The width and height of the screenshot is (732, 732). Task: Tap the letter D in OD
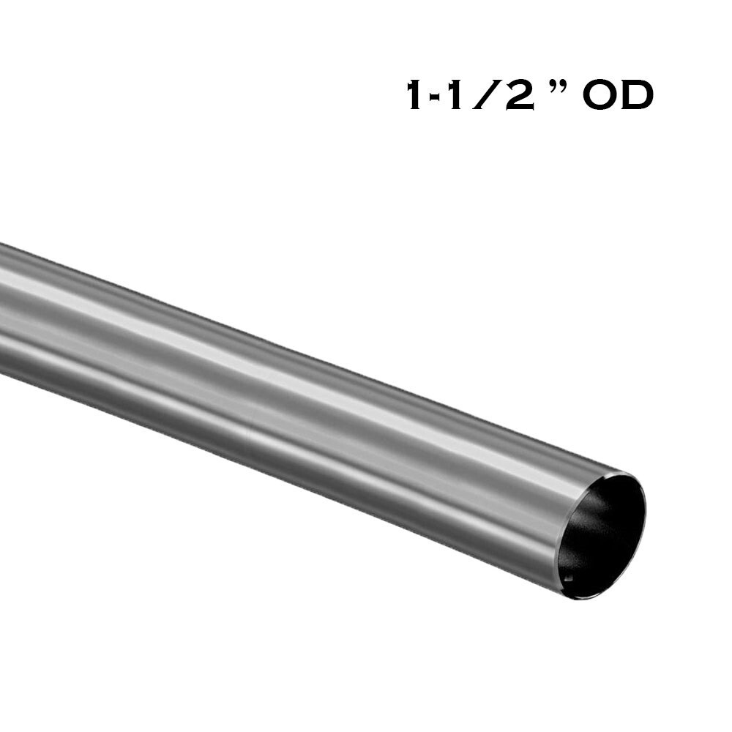635,96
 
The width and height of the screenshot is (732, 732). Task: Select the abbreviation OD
619,96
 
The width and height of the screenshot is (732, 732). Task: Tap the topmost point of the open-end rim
622,473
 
